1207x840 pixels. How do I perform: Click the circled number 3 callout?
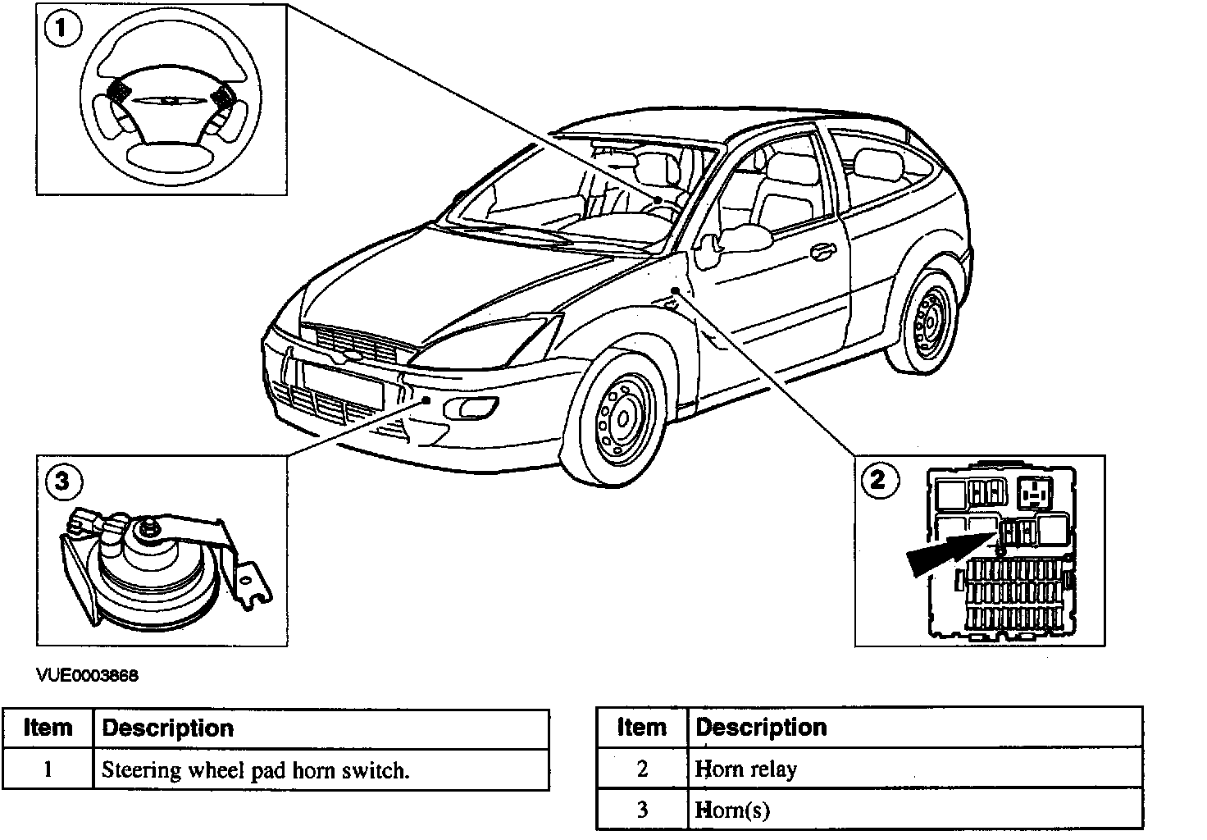pos(63,481)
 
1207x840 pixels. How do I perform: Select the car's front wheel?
pos(621,418)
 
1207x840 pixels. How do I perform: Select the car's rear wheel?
pos(927,322)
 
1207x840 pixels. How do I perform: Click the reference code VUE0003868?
pos(87,676)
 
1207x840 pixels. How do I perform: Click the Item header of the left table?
pos(48,728)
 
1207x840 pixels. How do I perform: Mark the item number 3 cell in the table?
pos(642,810)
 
